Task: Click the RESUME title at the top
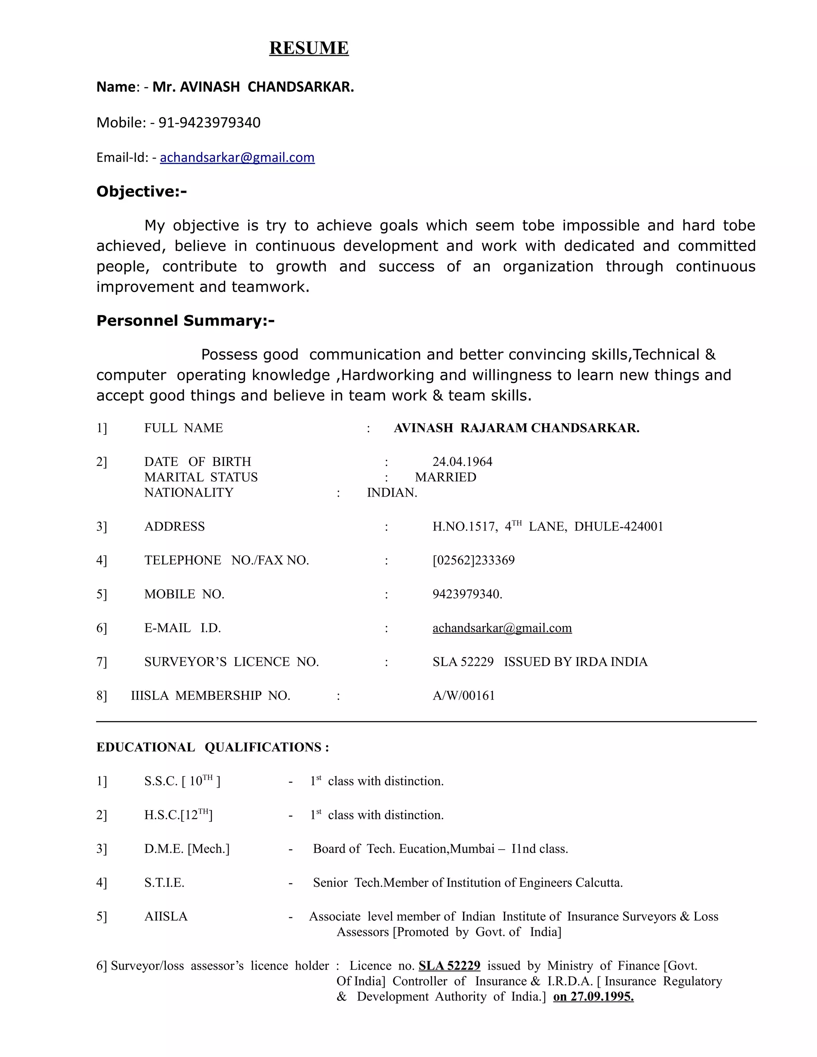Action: pos(309,48)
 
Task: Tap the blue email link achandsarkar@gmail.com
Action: pos(237,158)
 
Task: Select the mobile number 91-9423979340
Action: pos(209,122)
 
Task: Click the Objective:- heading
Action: pos(141,191)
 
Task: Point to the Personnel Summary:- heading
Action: pos(186,321)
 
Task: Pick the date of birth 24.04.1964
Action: pos(462,462)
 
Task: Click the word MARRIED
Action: pos(445,477)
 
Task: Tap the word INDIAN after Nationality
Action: pos(392,493)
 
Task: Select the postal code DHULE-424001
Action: pos(619,527)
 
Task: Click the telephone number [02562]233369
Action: pos(474,560)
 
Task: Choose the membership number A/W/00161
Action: pos(464,696)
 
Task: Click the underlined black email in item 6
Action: pos(502,628)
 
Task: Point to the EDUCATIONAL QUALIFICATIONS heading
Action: pos(213,747)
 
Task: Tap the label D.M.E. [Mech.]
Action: pos(187,849)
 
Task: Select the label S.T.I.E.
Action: pos(164,883)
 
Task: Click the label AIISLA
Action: pos(166,917)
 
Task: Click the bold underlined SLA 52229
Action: pos(449,966)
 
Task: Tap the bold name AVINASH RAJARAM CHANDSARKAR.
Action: pos(517,428)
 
